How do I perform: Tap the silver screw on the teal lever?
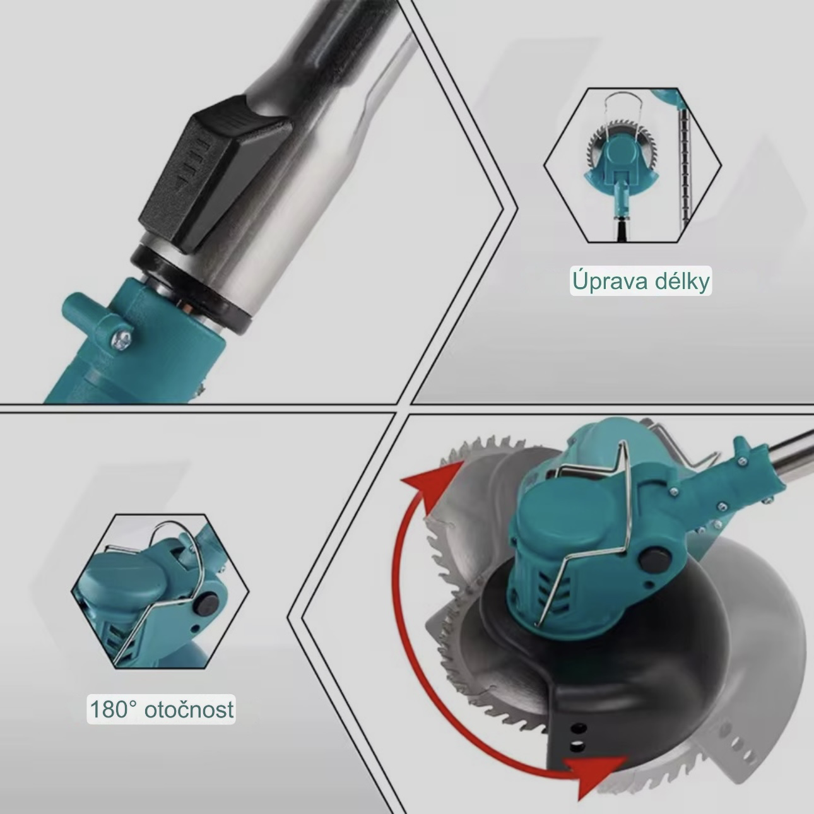[x=123, y=339]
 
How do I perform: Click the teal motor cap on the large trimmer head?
[x=558, y=517]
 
